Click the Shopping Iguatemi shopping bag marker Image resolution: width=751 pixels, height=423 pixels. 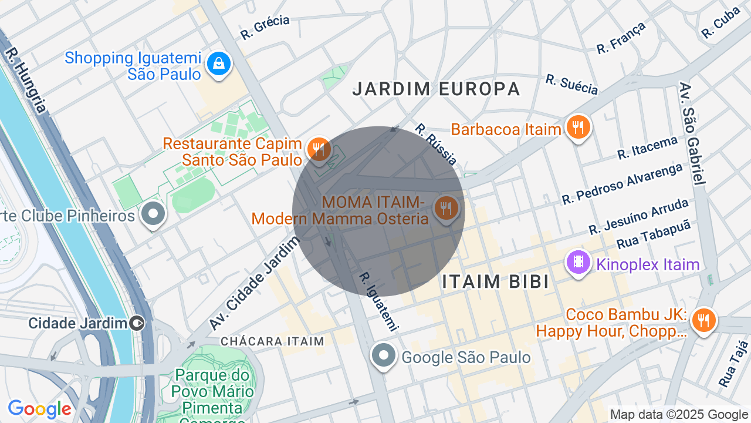tap(219, 63)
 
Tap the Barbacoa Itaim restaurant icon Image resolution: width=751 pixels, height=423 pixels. tap(578, 126)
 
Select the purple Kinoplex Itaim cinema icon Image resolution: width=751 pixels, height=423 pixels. tap(579, 262)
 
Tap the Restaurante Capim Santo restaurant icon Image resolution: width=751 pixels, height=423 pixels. tap(319, 149)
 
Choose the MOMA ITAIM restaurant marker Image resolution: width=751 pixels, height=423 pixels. tap(447, 207)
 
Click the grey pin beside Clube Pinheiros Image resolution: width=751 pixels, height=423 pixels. tap(154, 214)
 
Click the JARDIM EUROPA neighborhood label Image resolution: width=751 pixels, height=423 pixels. tap(436, 89)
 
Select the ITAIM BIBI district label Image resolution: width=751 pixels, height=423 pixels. tap(496, 281)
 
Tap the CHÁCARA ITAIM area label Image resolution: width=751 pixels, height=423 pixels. tap(272, 341)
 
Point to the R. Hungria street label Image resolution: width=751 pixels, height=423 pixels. tap(25, 80)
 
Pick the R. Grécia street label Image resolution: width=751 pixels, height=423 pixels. tap(265, 27)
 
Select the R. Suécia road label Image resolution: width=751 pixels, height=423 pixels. tap(571, 85)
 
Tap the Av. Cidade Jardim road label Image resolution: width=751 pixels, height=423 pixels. tap(251, 287)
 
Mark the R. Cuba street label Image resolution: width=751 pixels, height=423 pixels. tap(720, 23)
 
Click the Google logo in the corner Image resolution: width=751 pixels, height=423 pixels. tap(39, 409)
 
